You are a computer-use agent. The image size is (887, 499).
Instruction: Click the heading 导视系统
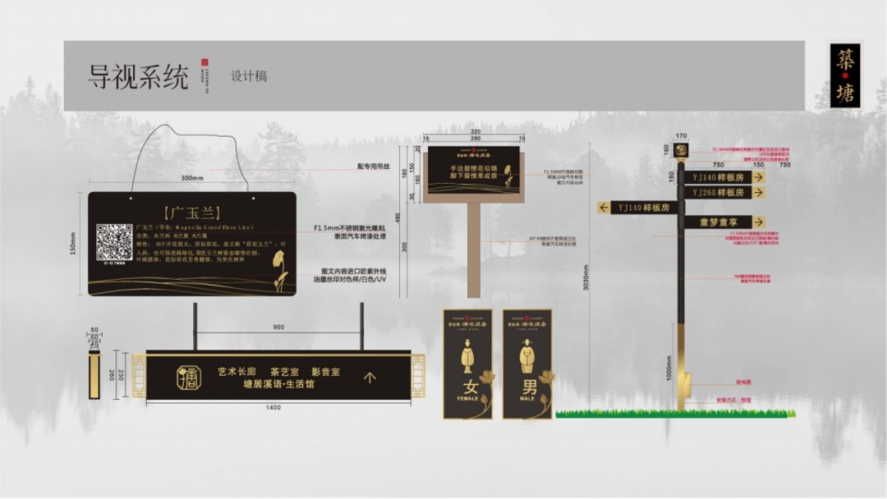coord(138,76)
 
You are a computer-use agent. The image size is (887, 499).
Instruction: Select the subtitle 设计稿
coord(249,76)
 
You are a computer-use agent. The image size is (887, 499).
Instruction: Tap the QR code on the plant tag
coord(114,241)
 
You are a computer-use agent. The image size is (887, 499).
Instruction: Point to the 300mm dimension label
coord(192,178)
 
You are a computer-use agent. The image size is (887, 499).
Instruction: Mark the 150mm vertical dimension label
coord(73,244)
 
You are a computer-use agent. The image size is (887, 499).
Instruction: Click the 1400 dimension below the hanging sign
coord(273,408)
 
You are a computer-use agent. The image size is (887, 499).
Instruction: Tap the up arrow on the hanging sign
coord(370,378)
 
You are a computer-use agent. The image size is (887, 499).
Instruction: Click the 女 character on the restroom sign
coord(467,387)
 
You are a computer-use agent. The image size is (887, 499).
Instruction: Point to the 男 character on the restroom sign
coord(527,387)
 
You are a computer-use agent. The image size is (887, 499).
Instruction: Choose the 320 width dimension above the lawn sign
coord(474,131)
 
